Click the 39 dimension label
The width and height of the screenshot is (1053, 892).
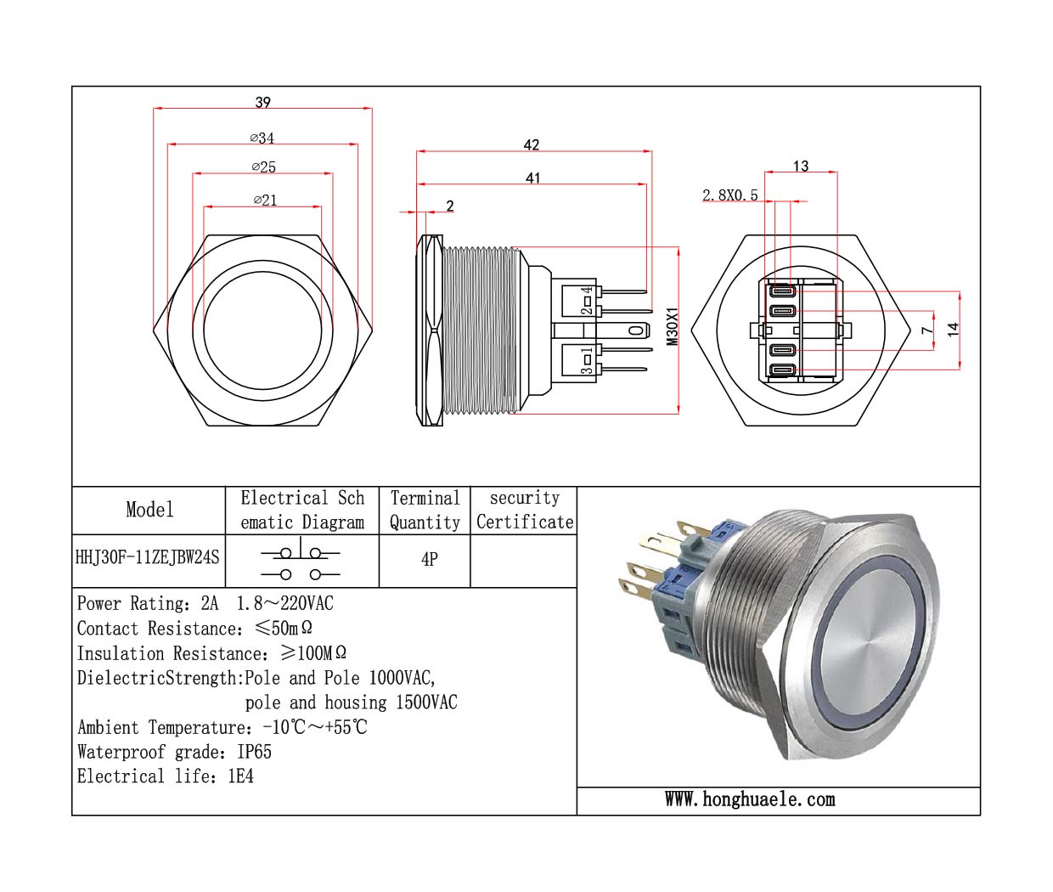coord(263,102)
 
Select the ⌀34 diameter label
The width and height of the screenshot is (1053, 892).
coord(262,138)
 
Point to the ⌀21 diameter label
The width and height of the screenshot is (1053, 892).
coord(265,200)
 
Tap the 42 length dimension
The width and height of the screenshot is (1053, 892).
coord(532,145)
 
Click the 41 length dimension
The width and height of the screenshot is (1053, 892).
coord(532,178)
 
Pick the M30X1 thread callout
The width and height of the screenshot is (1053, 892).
coord(673,326)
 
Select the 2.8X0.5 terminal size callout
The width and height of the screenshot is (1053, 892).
coord(729,195)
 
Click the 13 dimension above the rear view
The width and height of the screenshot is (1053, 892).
coord(801,167)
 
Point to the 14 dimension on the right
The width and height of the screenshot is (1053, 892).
coord(953,330)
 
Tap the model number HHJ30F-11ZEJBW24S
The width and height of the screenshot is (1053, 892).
coord(148,557)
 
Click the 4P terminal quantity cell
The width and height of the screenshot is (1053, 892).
coord(430,559)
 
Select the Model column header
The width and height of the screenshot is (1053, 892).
coord(149,510)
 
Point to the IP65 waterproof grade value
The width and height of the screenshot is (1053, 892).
coord(255,752)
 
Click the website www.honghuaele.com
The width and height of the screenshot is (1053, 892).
coord(750,799)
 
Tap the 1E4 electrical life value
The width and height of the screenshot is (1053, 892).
coord(240,776)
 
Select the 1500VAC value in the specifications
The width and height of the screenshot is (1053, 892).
coord(425,703)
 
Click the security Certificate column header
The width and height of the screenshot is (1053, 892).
coord(525,510)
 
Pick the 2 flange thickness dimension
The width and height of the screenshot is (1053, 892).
coord(450,206)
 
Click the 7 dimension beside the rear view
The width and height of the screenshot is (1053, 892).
coord(927,330)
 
